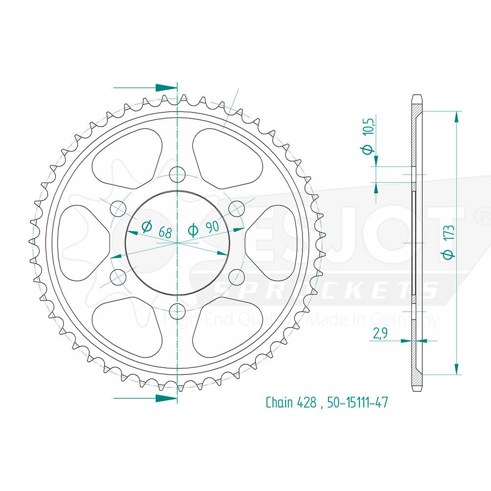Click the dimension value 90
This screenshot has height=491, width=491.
(x=212, y=228)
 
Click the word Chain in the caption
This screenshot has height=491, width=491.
(x=279, y=403)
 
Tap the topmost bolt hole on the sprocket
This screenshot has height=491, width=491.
(x=178, y=174)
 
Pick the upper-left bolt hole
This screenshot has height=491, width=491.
(x=118, y=209)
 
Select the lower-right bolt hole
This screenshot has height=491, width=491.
(x=237, y=276)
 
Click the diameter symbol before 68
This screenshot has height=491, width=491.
(x=146, y=226)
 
